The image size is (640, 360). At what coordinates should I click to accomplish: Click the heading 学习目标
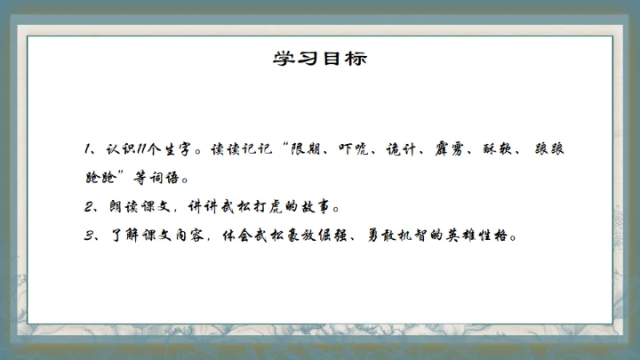tap(319, 60)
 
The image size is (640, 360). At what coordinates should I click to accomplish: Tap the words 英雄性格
tap(494, 236)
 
